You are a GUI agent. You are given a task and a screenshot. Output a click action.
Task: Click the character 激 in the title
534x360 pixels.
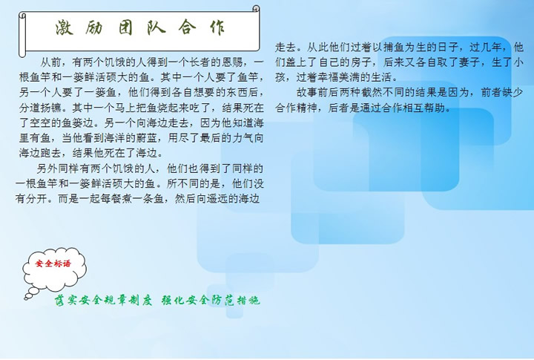pos(64,27)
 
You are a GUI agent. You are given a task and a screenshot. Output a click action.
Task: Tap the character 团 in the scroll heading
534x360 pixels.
pos(125,27)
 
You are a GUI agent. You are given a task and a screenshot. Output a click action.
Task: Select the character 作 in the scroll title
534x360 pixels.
pos(217,27)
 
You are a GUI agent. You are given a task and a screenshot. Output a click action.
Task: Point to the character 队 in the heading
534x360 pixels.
pos(156,27)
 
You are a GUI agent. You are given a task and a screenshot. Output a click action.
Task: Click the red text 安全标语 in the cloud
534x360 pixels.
pos(53,264)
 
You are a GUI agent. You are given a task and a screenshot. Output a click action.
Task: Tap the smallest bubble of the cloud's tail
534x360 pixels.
pos(26,298)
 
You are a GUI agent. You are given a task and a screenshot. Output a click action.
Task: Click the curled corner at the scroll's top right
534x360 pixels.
pos(256,8)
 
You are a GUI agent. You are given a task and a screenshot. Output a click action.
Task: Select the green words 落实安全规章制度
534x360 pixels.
pos(103,300)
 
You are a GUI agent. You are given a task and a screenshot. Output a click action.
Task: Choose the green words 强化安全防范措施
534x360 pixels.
pos(211,300)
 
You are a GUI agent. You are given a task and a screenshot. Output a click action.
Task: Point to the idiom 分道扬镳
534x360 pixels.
pos(40,108)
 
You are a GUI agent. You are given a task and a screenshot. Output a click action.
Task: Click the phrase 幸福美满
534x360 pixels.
pos(339,77)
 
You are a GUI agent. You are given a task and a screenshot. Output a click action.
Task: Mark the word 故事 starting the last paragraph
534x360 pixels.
pos(307,92)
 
